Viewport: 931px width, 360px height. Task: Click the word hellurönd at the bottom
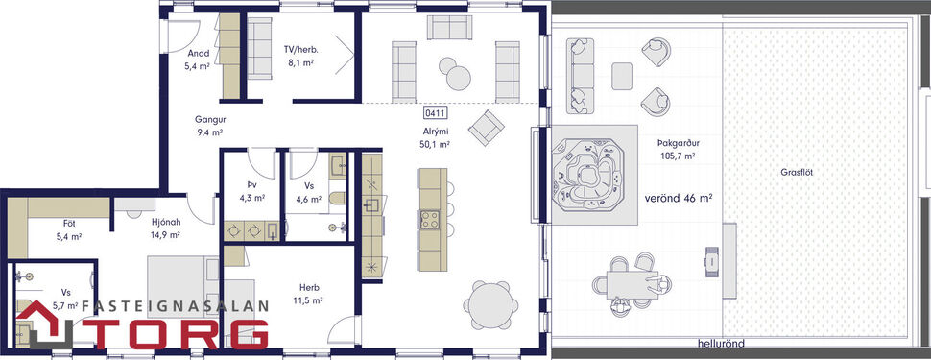tap(723, 343)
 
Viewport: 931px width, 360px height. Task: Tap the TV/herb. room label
tap(300, 55)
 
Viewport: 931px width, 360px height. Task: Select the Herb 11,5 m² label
tap(308, 292)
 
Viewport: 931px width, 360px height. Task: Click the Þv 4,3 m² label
tap(251, 191)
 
